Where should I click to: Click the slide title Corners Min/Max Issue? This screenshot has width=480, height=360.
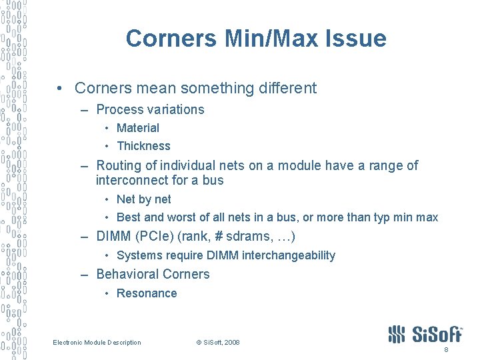256,39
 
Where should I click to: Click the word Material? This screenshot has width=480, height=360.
138,128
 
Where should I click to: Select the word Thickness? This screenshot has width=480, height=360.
143,146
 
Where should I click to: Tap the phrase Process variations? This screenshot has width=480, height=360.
150,109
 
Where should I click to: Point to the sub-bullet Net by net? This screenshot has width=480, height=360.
143,199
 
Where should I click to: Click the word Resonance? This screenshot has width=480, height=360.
147,293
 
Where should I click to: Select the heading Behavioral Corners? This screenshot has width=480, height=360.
153,274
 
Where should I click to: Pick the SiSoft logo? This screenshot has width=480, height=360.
425,333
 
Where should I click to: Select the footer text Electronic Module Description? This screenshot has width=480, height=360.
97,343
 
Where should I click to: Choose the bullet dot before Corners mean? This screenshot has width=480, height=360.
60,89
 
